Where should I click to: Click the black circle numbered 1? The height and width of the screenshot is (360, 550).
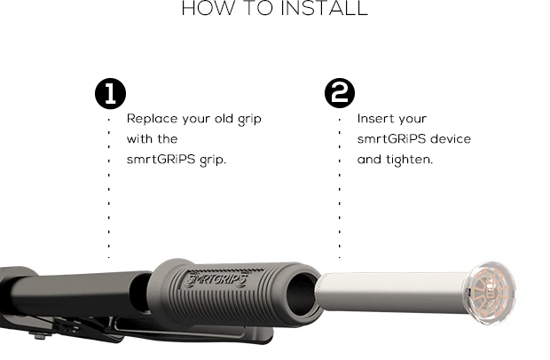click(x=111, y=93)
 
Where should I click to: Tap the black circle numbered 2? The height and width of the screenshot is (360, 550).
click(x=340, y=93)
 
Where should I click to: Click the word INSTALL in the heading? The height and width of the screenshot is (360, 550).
click(x=325, y=8)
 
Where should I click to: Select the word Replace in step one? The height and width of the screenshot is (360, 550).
click(x=153, y=119)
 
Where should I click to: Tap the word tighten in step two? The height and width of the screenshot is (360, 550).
click(x=410, y=160)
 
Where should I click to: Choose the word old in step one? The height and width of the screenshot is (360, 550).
click(x=224, y=119)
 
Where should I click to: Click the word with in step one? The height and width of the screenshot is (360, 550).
click(x=138, y=139)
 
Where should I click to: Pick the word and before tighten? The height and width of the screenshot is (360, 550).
click(x=369, y=160)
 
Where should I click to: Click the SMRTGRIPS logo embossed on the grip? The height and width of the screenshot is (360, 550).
click(x=216, y=279)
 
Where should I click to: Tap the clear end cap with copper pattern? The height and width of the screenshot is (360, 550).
click(x=491, y=293)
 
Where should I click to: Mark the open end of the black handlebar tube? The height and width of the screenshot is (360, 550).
click(x=141, y=293)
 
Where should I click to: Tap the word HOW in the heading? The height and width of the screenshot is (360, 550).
click(x=208, y=8)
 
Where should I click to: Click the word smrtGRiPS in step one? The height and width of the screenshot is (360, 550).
click(x=161, y=160)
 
